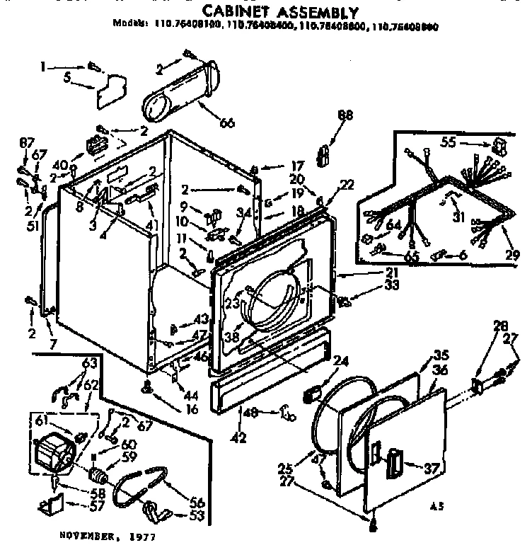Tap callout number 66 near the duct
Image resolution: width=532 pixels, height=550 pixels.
coord(226,122)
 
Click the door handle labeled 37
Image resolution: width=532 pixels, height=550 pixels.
coord(393,466)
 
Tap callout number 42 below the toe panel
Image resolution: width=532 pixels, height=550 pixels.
coord(239,437)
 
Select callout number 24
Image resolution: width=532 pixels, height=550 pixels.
coord(342,362)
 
